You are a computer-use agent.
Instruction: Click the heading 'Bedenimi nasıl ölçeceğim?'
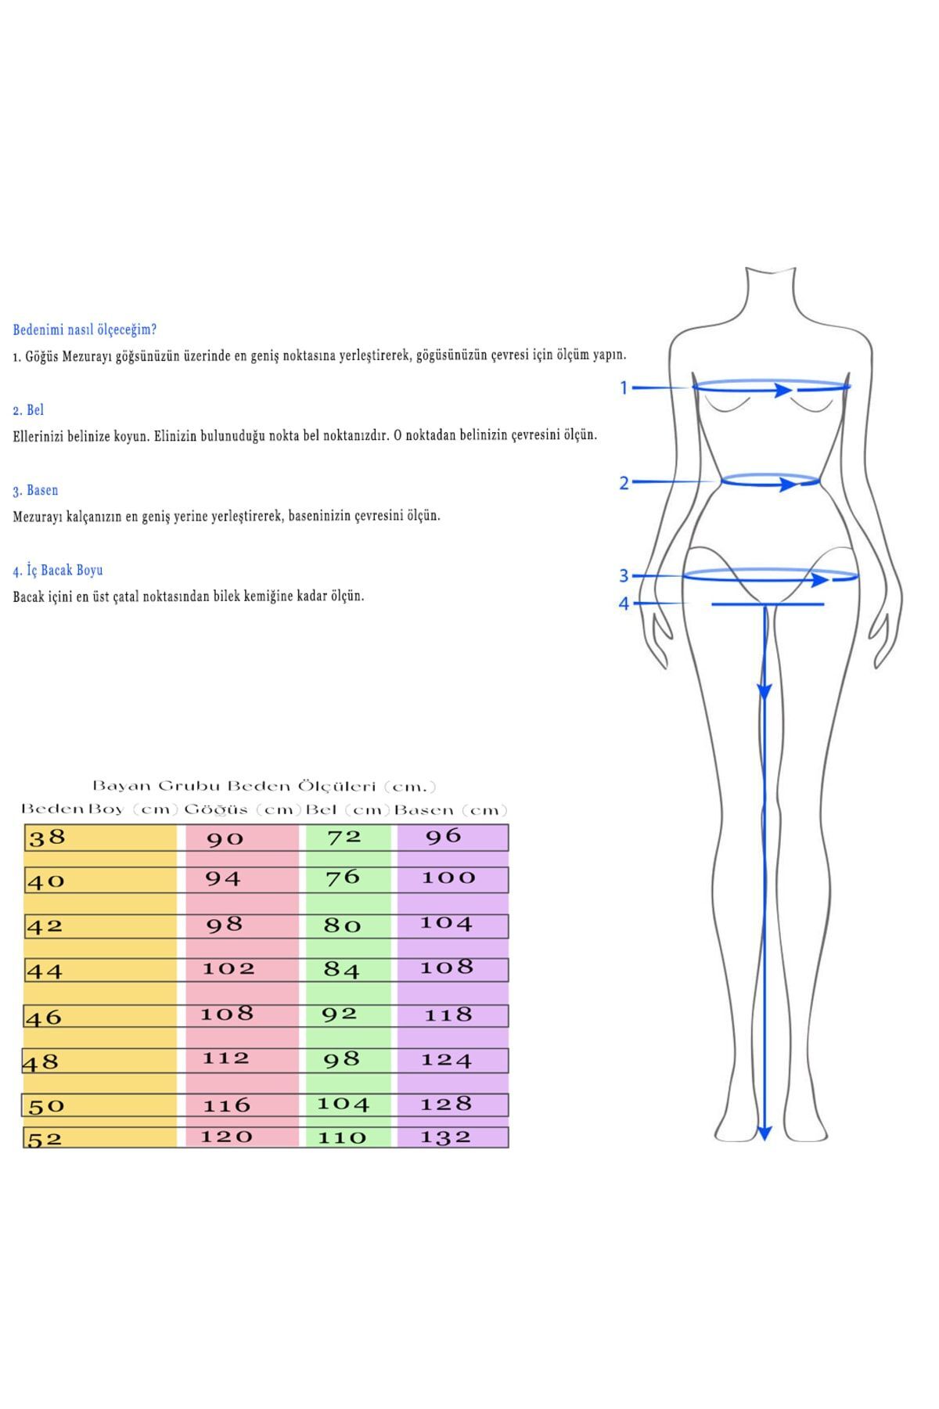pyautogui.click(x=85, y=330)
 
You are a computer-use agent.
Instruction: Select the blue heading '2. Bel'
pyautogui.click(x=28, y=409)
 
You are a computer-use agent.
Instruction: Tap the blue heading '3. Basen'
pyautogui.click(x=35, y=490)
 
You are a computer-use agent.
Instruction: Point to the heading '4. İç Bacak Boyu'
pyautogui.click(x=58, y=570)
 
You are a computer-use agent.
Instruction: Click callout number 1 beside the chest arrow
pyautogui.click(x=624, y=387)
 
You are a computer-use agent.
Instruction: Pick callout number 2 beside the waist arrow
pyautogui.click(x=624, y=483)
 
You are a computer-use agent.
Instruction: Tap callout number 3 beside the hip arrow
pyautogui.click(x=624, y=576)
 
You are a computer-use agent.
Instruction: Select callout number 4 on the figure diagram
pyautogui.click(x=624, y=604)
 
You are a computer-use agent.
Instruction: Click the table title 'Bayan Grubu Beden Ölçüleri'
pyautogui.click(x=264, y=786)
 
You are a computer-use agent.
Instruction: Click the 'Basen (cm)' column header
pyautogui.click(x=451, y=810)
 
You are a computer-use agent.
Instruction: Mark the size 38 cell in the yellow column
pyautogui.click(x=47, y=838)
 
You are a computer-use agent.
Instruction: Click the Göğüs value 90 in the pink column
pyautogui.click(x=225, y=839)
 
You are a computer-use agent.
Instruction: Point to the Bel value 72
pyautogui.click(x=344, y=837)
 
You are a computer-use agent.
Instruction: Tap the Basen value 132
pyautogui.click(x=446, y=1137)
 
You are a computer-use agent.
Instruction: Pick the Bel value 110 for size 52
pyautogui.click(x=342, y=1137)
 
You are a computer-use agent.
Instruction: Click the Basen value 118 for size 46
pyautogui.click(x=448, y=1015)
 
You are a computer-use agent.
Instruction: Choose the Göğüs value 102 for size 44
pyautogui.click(x=228, y=968)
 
